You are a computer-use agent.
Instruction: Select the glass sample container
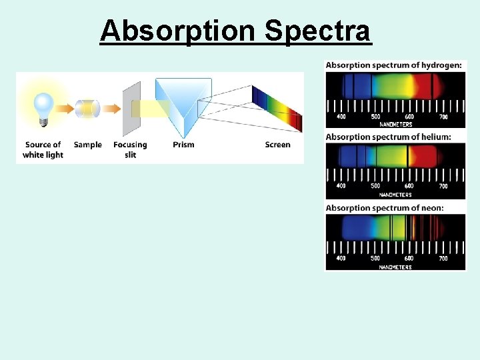[x=87, y=108]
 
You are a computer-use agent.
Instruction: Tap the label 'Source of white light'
[x=43, y=149]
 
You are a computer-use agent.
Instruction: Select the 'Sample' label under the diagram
[x=87, y=145]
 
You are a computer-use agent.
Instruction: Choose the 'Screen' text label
[x=277, y=145]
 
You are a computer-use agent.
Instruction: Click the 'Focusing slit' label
[x=130, y=149]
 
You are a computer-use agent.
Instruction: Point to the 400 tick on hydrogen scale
[x=341, y=117]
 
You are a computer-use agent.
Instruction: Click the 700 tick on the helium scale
[x=442, y=186]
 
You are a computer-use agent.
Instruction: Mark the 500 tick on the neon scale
[x=375, y=258]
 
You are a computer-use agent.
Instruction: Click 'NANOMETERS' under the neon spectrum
[x=395, y=267]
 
